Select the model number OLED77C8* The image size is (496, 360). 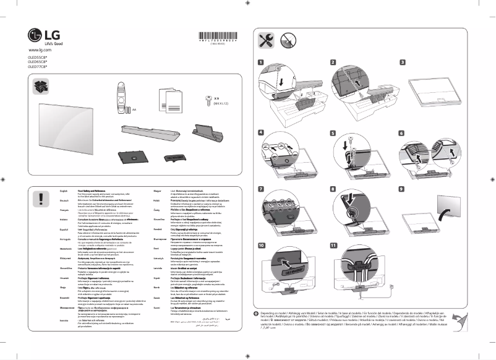tap(38, 74)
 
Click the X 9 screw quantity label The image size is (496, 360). tap(217, 98)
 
